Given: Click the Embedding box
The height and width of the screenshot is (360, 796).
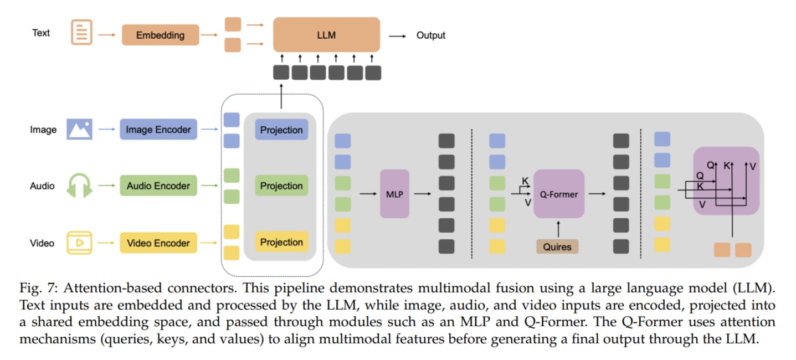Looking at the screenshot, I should [x=160, y=35].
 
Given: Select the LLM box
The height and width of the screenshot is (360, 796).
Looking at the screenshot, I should [x=327, y=35].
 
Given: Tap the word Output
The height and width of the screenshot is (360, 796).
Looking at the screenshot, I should [x=430, y=35].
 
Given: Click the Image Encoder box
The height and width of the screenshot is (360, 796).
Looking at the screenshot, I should [x=158, y=130].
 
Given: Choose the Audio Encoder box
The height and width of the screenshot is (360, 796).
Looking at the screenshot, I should [x=158, y=186].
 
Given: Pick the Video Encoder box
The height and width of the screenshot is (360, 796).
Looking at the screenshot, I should [x=158, y=243].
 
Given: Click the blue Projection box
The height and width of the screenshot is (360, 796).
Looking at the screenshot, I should [x=281, y=130].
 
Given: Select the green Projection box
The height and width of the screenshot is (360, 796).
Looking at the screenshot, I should [x=281, y=186].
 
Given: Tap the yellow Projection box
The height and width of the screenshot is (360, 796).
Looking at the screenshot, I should [x=281, y=243].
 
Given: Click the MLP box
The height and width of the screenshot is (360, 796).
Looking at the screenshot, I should [x=394, y=194].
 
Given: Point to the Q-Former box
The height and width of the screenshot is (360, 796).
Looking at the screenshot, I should [x=559, y=194].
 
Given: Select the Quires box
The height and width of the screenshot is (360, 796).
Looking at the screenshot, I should [x=557, y=246].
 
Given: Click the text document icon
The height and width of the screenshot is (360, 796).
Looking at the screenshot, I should [x=81, y=32].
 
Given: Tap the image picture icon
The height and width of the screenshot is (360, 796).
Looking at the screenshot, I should [x=79, y=129].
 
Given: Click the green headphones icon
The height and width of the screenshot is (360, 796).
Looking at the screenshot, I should [x=79, y=185].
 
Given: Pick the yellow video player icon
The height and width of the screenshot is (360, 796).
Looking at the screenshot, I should [x=79, y=243].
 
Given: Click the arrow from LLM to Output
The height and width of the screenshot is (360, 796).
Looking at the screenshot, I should [x=397, y=35].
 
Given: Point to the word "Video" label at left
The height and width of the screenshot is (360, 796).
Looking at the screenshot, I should [x=42, y=243].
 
